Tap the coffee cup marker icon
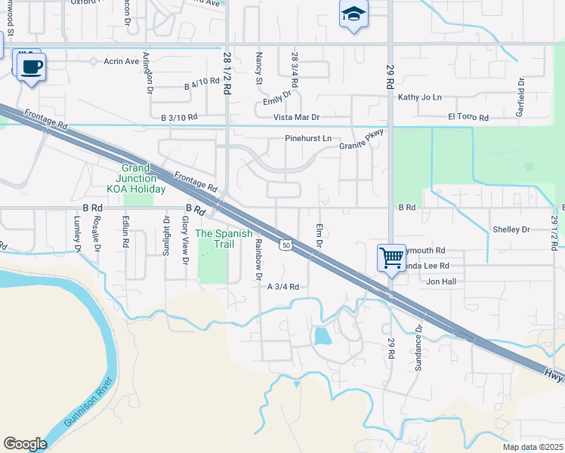pos(31,66)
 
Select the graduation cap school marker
pos(353,15)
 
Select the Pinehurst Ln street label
pos(307,139)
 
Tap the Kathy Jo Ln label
pos(419,97)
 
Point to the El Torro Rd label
pos(468,118)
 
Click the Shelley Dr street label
pos(511,230)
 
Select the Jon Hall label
pos(441,282)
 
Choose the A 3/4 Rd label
pos(283,287)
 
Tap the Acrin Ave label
pos(122,61)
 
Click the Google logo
pos(25,443)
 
